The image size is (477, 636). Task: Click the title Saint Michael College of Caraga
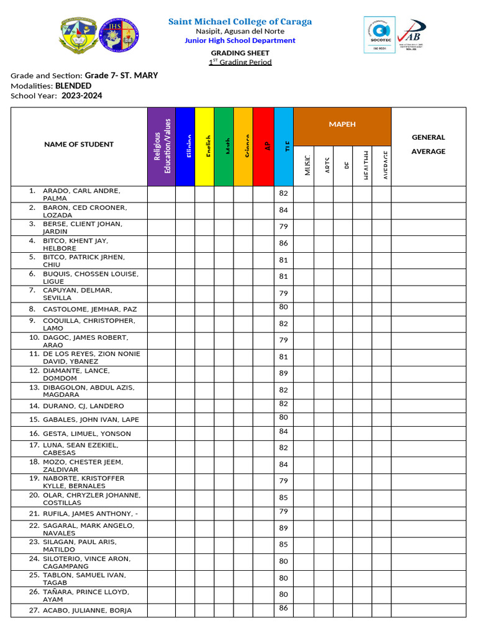(x=240, y=22)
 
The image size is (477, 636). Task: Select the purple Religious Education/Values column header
(x=161, y=147)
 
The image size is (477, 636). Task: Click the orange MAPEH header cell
(x=342, y=125)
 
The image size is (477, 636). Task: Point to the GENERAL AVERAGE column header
(x=428, y=145)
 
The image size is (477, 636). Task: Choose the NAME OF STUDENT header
(x=79, y=145)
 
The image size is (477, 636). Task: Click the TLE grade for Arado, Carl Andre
(x=283, y=194)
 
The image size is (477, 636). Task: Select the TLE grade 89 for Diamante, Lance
(x=283, y=374)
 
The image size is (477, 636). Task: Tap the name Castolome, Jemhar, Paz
(x=89, y=309)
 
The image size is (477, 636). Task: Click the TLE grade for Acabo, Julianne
(x=283, y=608)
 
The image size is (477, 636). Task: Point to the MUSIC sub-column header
(x=304, y=166)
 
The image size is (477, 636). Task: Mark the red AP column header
(x=263, y=147)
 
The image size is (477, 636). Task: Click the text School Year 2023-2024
(x=57, y=96)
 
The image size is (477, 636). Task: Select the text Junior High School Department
(x=240, y=40)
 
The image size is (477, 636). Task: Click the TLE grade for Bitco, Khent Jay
(x=283, y=244)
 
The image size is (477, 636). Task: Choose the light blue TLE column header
(x=283, y=147)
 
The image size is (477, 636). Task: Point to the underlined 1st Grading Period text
(x=240, y=62)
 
